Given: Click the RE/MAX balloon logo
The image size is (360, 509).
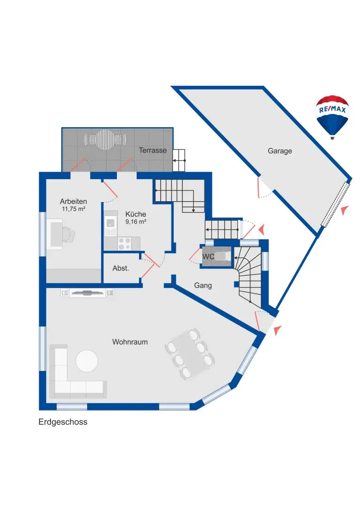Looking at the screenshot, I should pos(332,116).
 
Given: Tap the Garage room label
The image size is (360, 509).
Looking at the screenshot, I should pos(280,151).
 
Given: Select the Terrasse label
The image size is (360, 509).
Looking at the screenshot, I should pos(153,150).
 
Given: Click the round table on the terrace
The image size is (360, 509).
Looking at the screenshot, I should pos(106,140).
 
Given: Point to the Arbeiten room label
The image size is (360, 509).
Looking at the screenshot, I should pos(73,201).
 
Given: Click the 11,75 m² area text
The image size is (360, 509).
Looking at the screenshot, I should pos(73,209).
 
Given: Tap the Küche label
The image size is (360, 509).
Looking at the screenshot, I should pos(135,213).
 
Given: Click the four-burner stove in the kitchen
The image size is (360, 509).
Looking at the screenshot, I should pos(124,243).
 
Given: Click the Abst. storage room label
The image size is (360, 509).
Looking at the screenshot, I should pos(120,268).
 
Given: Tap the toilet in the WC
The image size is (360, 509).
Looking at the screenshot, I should pos(224,256).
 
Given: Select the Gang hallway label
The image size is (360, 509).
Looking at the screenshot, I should pos(203,285).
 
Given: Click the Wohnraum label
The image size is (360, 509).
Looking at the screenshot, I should pos(130,342).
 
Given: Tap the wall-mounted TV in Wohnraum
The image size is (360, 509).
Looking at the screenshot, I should pos(87,293).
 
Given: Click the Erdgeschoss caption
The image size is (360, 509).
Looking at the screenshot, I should pos(63,422).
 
